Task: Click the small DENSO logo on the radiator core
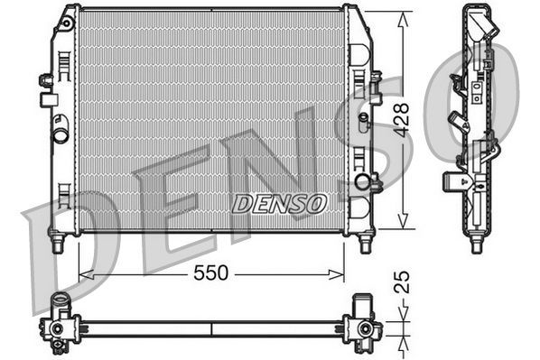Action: tap(279, 204)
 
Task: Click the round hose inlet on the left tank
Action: tap(61, 135)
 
